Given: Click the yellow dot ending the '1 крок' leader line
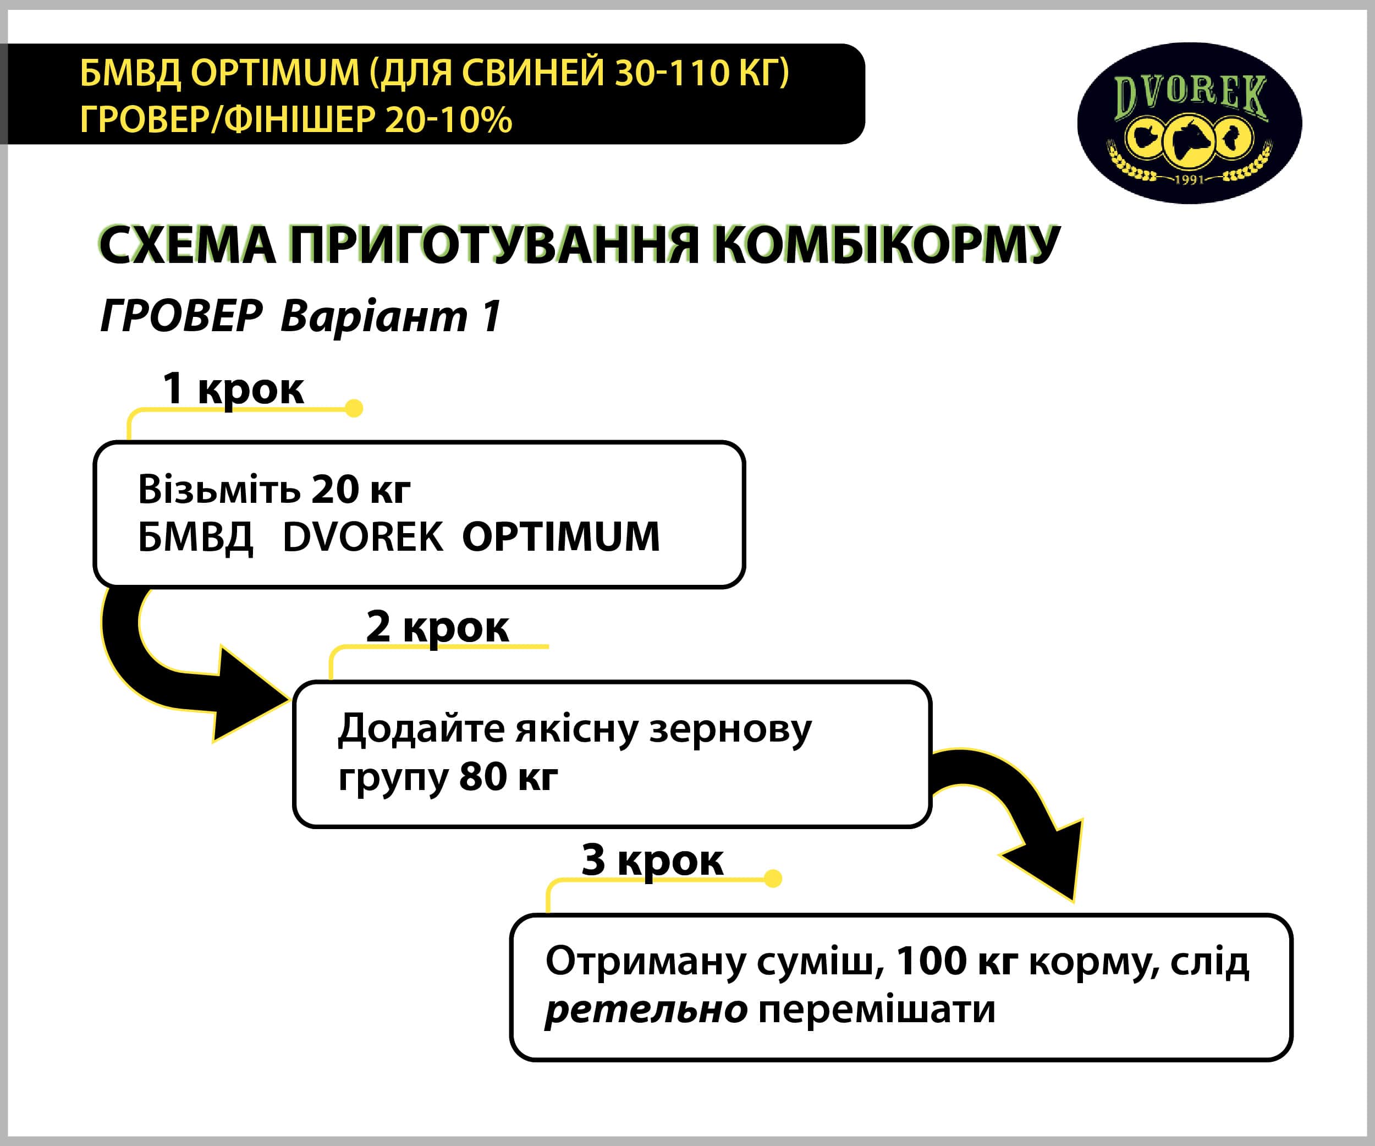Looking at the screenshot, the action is (x=354, y=408).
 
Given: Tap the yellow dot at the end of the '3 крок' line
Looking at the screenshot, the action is (x=773, y=878).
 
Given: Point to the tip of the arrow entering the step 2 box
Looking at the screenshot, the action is (x=289, y=699).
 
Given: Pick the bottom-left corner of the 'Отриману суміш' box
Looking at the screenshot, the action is (x=512, y=1059).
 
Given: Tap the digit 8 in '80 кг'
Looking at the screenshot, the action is (x=470, y=777).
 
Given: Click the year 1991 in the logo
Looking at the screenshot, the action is (x=1189, y=178).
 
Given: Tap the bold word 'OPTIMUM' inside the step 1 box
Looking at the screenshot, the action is (x=560, y=537).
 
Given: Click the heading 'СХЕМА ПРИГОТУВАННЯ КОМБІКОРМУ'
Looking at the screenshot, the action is (x=579, y=245).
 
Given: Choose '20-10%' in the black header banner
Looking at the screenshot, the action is (x=448, y=120).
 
